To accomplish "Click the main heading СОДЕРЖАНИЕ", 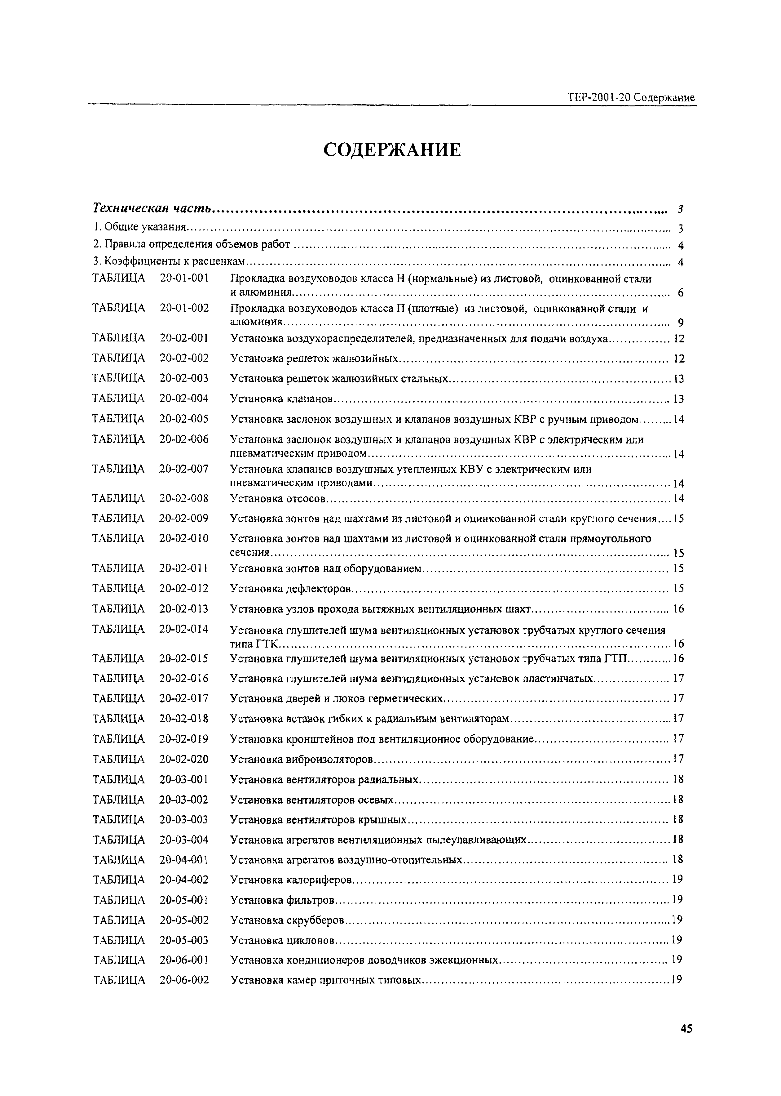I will tap(392, 150).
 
